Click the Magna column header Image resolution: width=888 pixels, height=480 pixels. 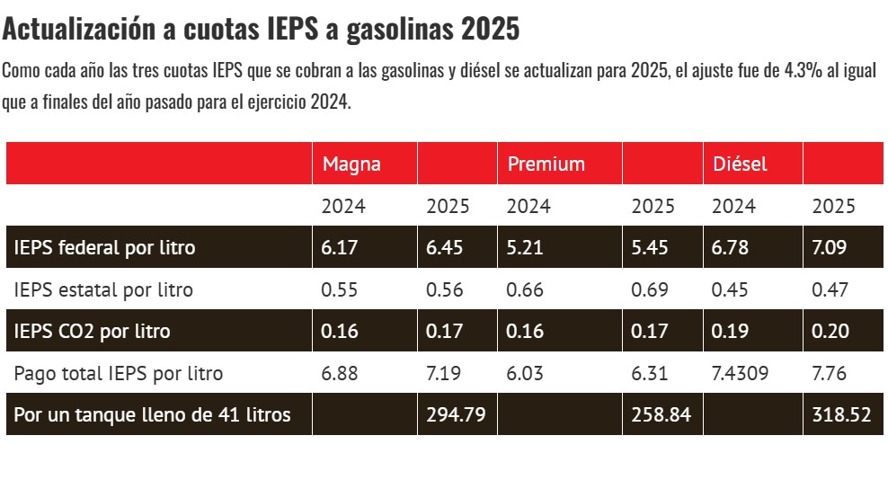point(351,164)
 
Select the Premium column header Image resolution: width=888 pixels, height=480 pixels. point(546,164)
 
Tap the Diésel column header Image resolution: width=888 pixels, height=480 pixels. point(740,164)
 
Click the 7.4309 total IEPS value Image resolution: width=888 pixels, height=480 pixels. point(740,373)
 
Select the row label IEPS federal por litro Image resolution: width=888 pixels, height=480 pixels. point(105,247)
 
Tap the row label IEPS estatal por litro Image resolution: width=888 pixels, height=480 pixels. point(104,289)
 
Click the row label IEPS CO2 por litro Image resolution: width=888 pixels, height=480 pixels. point(93,331)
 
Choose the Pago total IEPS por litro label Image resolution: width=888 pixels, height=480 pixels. point(119,373)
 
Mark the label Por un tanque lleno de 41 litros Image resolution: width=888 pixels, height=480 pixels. point(153,414)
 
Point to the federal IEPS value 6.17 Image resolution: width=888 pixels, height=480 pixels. point(340,247)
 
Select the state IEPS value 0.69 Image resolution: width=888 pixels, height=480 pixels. point(650,289)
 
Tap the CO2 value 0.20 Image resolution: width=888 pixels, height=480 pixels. point(830,331)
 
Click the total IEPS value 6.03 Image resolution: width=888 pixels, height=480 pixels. point(525,373)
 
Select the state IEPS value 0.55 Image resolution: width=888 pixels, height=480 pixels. point(340,289)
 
